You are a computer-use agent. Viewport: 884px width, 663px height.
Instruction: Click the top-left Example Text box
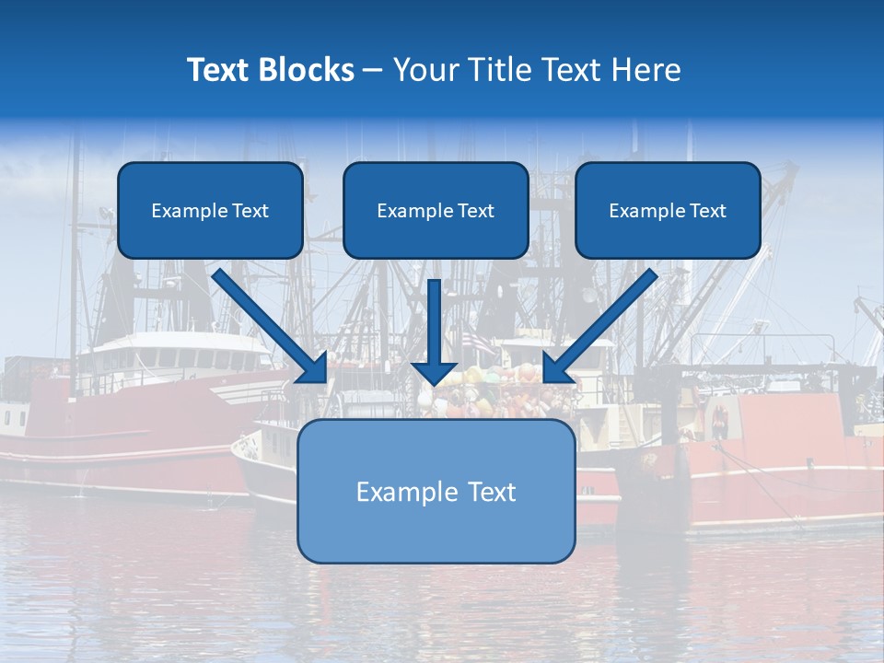210,210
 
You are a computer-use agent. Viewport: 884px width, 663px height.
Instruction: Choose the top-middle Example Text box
436,210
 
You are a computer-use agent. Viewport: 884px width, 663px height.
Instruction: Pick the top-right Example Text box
668,210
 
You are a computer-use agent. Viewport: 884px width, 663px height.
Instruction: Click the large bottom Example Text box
436,491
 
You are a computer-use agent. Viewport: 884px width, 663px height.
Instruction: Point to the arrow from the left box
272,326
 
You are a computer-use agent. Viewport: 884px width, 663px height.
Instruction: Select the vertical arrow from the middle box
435,331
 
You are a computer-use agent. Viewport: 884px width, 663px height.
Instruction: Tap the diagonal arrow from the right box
599,326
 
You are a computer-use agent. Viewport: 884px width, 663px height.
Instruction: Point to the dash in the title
372,70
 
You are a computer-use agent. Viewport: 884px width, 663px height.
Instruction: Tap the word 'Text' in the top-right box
706,211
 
